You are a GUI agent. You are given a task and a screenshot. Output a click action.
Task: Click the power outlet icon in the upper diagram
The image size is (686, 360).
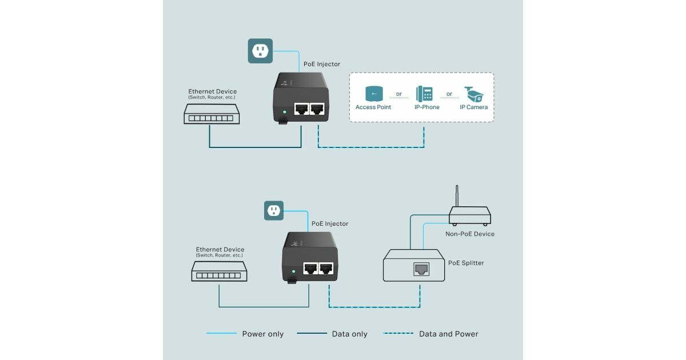click(x=260, y=51)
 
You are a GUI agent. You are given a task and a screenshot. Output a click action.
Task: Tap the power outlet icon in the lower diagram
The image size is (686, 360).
click(x=274, y=210)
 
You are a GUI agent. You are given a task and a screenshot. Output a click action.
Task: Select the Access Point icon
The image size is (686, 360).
click(x=373, y=94)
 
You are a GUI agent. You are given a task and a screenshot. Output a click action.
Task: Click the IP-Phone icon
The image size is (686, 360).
click(x=424, y=94)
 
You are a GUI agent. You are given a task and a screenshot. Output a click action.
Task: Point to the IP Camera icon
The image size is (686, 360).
click(x=473, y=94)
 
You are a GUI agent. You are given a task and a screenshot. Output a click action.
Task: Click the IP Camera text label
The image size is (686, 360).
click(x=473, y=107)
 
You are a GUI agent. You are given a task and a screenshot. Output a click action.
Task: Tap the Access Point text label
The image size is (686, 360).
click(x=373, y=107)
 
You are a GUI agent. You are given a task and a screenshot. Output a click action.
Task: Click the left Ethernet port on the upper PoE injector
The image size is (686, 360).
click(x=300, y=109)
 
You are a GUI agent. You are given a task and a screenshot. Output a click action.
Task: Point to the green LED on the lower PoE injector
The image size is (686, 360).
click(x=293, y=271)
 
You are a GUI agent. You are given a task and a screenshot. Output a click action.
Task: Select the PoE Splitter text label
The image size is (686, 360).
click(x=466, y=263)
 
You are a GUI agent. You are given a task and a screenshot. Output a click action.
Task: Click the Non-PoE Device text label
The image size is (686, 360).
click(x=470, y=234)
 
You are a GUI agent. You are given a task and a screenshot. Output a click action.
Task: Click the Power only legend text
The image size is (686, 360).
click(x=262, y=334)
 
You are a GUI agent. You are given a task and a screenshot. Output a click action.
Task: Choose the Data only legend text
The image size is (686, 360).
click(x=349, y=334)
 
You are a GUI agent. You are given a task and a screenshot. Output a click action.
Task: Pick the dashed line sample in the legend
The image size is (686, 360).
click(x=398, y=334)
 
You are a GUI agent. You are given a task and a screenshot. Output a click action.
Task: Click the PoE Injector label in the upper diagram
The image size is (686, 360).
click(x=321, y=64)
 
